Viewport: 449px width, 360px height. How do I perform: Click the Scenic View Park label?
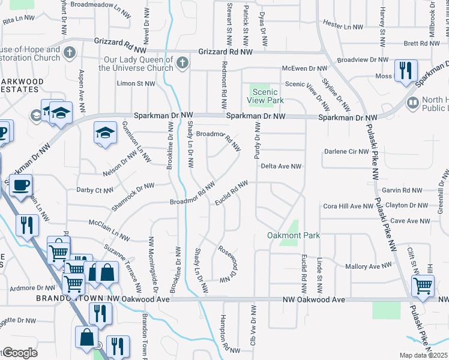pos(267,96)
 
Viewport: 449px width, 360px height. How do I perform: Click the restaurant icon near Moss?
pos(406,70)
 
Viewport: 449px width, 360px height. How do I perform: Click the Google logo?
pos(19,353)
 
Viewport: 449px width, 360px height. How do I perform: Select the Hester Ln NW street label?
pos(343,26)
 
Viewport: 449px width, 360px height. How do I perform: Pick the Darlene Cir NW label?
pos(345,151)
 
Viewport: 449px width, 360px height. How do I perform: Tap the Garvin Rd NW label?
pos(406,190)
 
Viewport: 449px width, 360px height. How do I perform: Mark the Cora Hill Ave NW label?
pos(348,206)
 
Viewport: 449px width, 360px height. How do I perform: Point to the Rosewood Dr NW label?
pos(228,264)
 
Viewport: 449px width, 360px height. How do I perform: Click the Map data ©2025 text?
pos(424,355)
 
